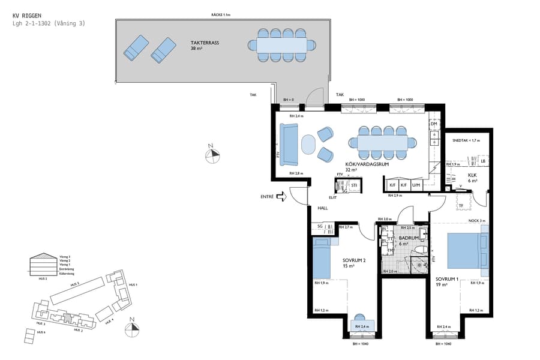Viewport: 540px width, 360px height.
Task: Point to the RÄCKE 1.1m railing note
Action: (x=221, y=15)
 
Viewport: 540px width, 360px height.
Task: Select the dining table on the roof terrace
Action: (x=281, y=45)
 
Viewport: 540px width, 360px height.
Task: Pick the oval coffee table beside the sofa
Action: (x=308, y=145)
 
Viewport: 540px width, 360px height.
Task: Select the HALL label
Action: (x=323, y=208)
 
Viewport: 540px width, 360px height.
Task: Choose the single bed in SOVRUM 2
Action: (x=322, y=258)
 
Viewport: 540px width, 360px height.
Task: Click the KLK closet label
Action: (x=472, y=175)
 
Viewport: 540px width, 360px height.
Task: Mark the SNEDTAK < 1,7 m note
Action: (x=466, y=140)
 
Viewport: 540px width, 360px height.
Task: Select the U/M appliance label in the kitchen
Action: (x=416, y=185)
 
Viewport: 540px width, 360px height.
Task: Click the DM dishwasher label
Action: (x=433, y=124)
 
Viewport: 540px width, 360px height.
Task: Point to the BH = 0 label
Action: (x=289, y=100)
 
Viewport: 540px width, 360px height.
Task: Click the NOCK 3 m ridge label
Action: (x=476, y=221)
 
